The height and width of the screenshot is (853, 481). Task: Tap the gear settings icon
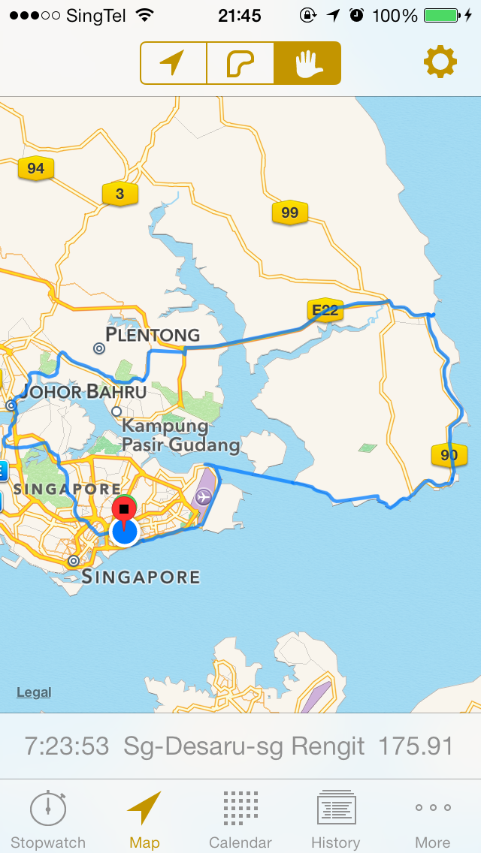[440, 62]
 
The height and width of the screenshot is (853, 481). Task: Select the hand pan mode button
[307, 63]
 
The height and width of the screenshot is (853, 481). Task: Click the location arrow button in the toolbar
[173, 63]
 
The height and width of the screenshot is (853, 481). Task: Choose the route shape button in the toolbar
[240, 63]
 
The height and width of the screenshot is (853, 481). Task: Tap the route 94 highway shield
[35, 168]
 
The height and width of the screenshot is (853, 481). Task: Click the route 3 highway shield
[119, 194]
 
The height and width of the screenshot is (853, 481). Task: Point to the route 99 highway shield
[289, 212]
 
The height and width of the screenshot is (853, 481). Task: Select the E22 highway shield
[325, 309]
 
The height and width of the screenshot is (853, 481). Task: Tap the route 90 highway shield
[449, 454]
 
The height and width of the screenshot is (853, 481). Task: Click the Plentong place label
[153, 334]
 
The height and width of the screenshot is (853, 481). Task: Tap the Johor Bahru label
[84, 391]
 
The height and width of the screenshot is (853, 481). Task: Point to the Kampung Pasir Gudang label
[180, 436]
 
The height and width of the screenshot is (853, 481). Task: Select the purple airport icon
[203, 496]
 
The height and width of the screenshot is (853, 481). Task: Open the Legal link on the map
[34, 692]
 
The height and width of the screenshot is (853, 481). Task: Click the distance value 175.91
[416, 746]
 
